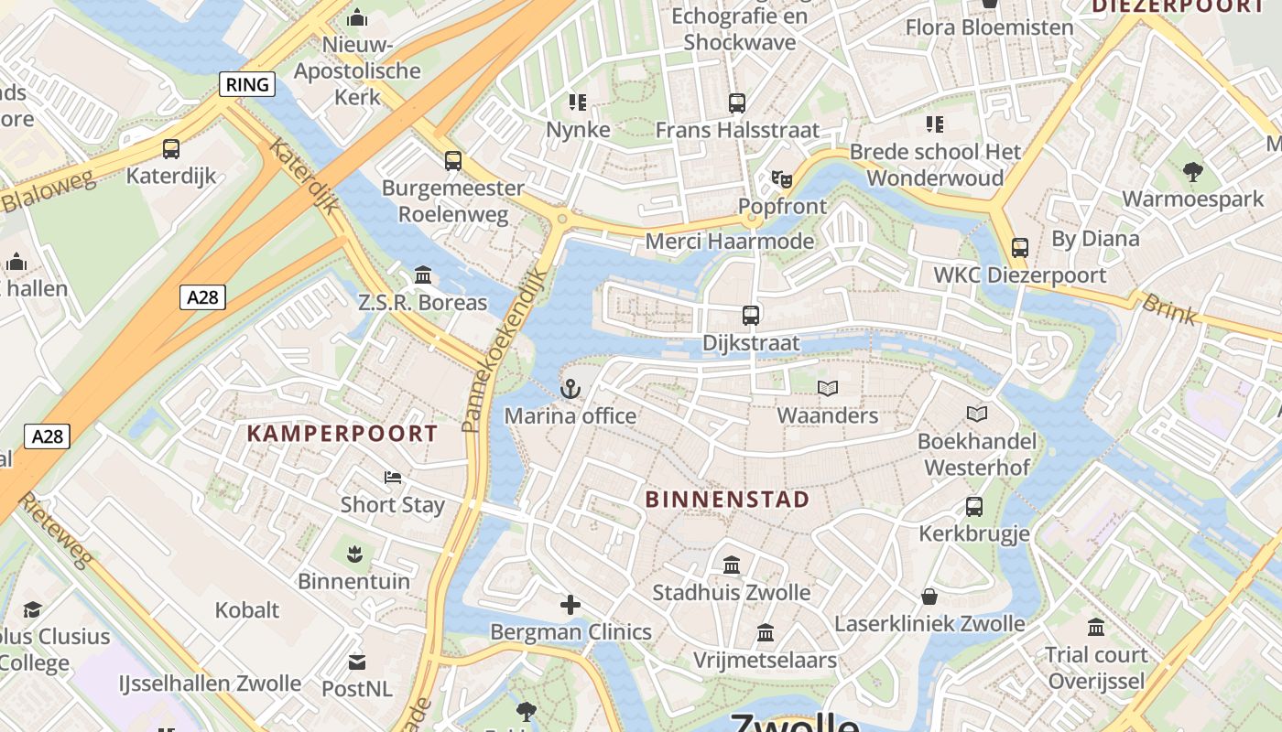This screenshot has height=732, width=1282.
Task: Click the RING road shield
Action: (247, 85)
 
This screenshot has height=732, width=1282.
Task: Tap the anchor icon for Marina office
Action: (570, 390)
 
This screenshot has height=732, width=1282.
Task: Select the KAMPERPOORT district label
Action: (342, 434)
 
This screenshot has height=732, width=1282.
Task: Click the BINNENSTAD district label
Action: (728, 500)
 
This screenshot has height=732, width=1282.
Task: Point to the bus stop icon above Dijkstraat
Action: (751, 316)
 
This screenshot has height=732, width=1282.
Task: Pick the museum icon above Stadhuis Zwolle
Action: (732, 565)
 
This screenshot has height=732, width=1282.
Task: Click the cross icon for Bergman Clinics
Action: (570, 605)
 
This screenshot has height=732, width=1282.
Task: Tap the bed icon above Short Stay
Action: (393, 478)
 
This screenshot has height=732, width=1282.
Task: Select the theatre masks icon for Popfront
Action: (781, 179)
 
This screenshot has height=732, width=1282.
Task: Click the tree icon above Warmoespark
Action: (1192, 171)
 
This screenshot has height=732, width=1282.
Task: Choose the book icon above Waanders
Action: (828, 389)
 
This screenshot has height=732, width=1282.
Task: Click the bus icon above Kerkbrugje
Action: (974, 506)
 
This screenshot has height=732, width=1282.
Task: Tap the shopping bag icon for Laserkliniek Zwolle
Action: (929, 597)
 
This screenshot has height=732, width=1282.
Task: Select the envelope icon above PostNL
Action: (357, 661)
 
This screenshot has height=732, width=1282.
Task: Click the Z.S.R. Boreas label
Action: (422, 302)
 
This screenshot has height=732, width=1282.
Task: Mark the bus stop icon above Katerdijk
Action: (171, 148)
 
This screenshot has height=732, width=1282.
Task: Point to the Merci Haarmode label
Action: (730, 242)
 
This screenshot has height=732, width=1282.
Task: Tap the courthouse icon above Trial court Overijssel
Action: (1096, 628)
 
